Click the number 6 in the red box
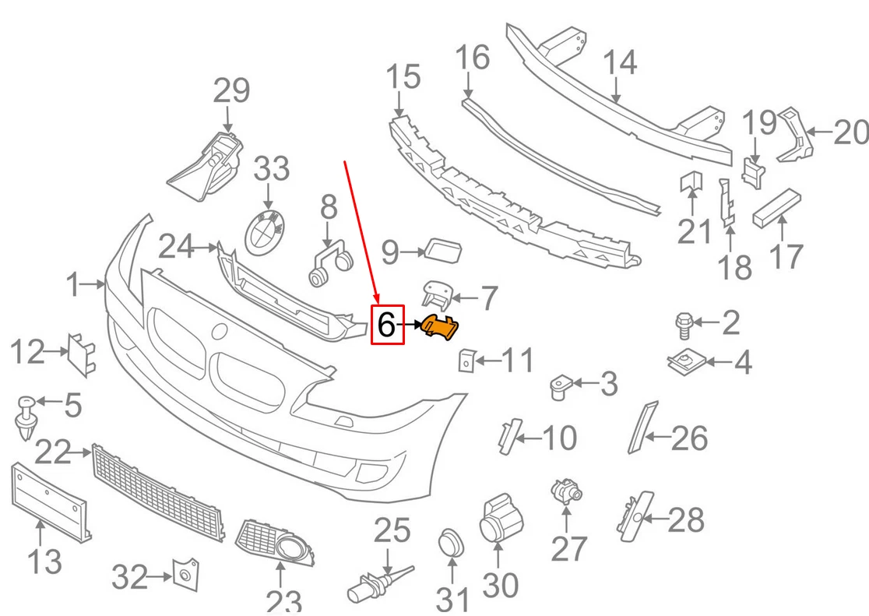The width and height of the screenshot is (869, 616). tap(387, 325)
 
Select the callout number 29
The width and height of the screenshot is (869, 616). tap(231, 92)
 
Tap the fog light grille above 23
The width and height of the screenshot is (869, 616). tap(276, 542)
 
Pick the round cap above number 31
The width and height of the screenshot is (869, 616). tap(450, 543)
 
